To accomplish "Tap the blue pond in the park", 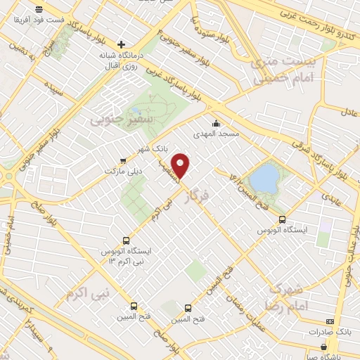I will [264, 177].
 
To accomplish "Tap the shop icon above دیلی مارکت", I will [123, 160].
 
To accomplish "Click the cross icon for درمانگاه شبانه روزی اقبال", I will [121, 44].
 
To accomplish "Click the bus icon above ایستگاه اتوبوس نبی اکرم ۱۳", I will [126, 240].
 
